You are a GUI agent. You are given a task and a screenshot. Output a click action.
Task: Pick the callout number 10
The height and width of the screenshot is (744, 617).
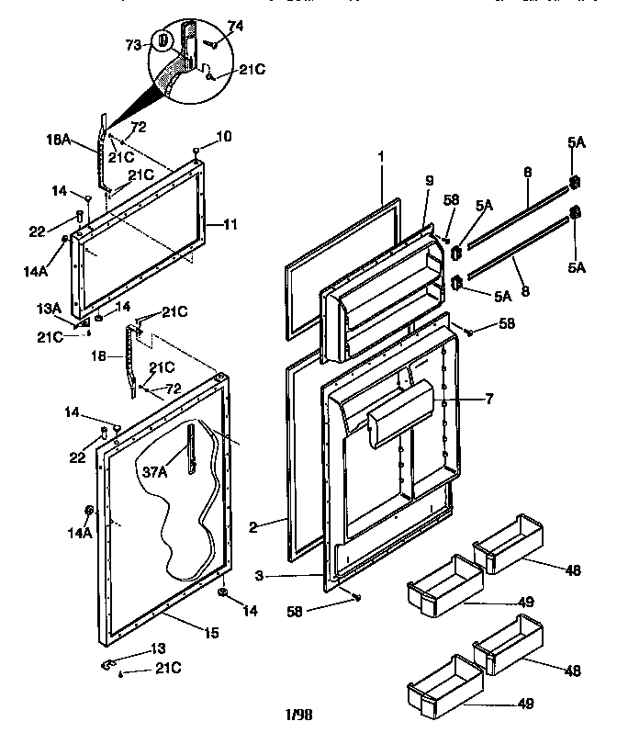(224, 137)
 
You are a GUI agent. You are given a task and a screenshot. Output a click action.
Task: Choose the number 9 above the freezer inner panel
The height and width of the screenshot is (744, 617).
(428, 182)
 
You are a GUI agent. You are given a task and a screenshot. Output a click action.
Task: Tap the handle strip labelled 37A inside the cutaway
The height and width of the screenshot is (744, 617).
(191, 447)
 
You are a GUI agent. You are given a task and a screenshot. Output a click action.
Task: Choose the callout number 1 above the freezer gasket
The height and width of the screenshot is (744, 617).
(379, 157)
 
